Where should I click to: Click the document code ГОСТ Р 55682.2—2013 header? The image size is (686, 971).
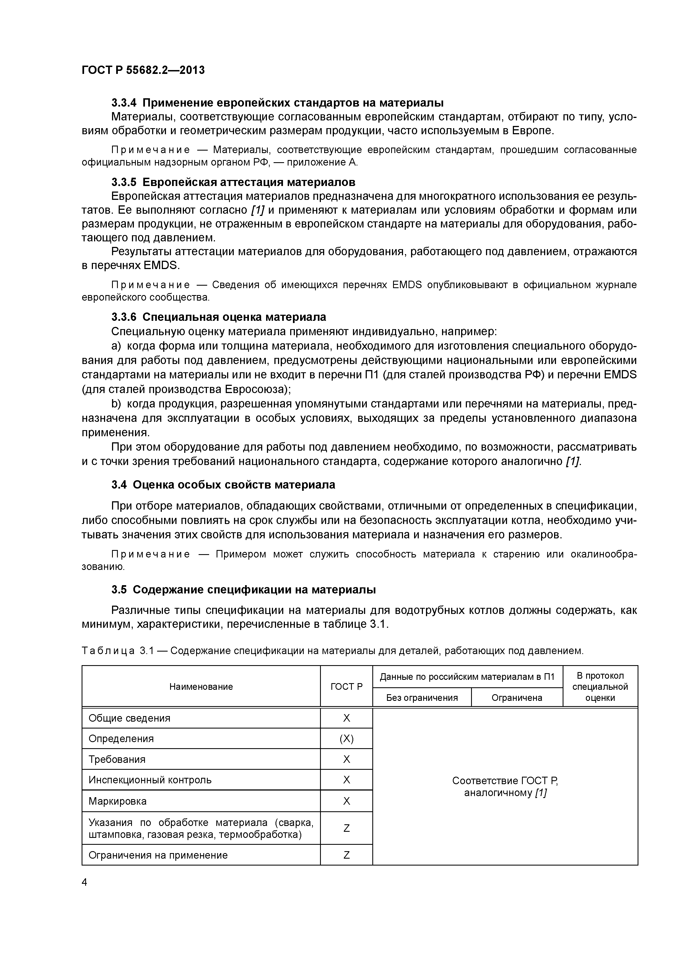(x=143, y=70)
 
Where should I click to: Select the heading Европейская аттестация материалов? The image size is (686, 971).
(x=248, y=182)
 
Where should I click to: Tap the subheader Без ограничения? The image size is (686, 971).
(x=421, y=697)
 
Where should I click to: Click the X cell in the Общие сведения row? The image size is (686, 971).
(x=346, y=718)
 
